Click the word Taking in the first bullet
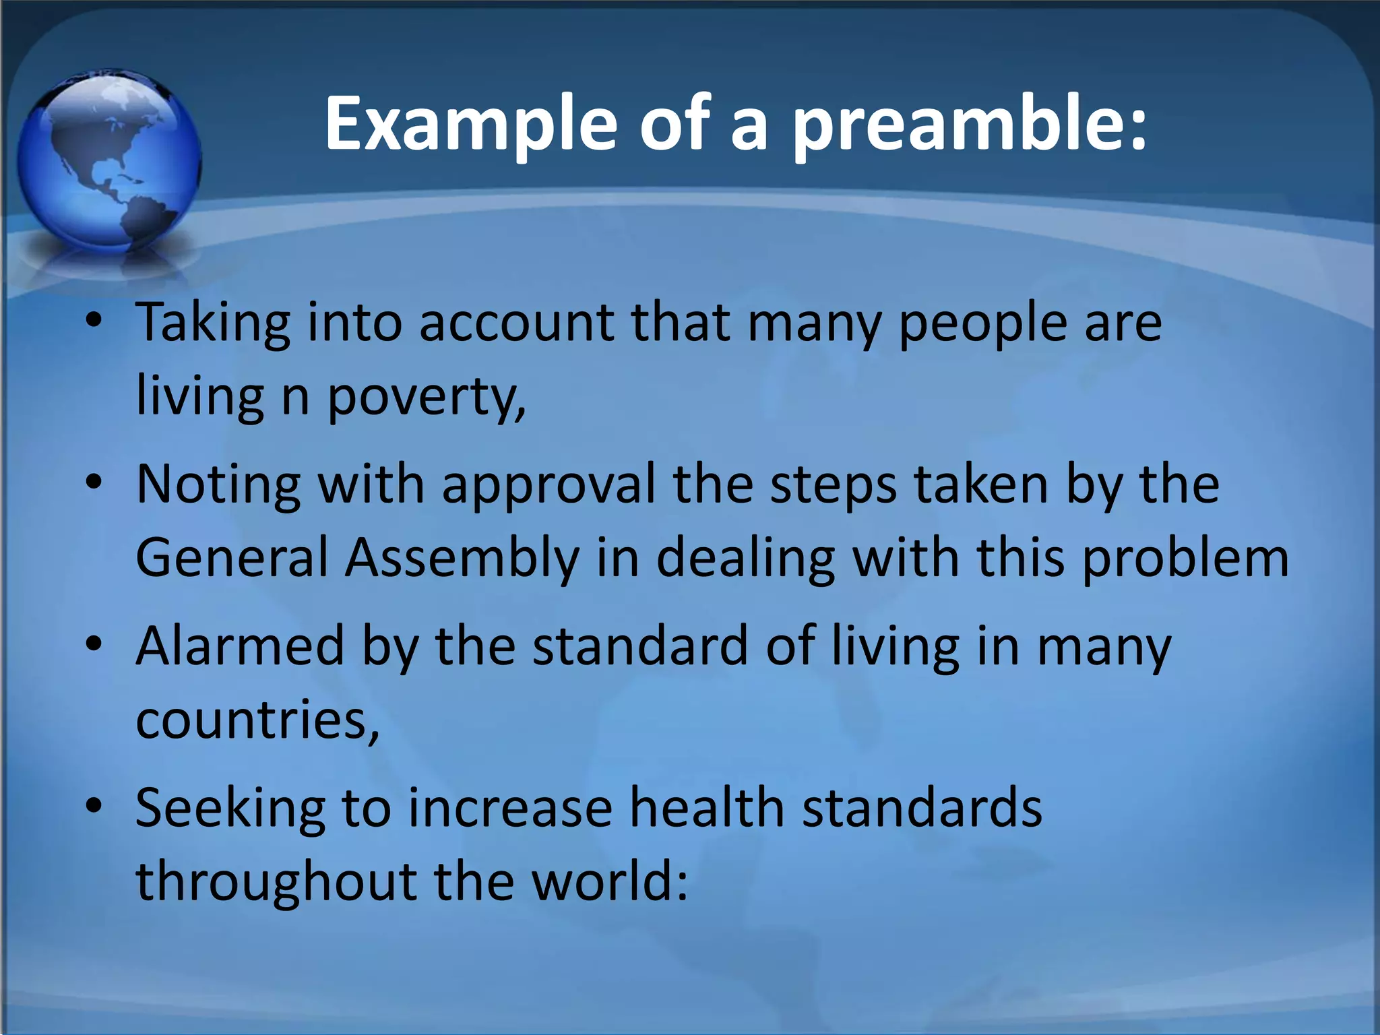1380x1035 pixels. pyautogui.click(x=213, y=323)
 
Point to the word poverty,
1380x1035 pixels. pyautogui.click(x=426, y=398)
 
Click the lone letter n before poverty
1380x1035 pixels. pyautogui.click(x=295, y=398)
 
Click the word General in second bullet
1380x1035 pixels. pyautogui.click(x=232, y=558)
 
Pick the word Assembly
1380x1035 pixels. pyautogui.click(x=462, y=558)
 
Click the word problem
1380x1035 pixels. pyautogui.click(x=1185, y=558)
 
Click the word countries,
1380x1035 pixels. pyautogui.click(x=257, y=720)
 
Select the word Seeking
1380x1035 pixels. pyautogui.click(x=230, y=809)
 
